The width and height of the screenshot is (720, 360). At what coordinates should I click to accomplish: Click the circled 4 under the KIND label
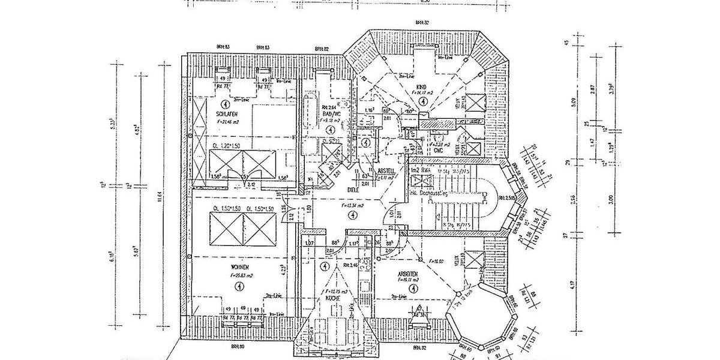(424, 103)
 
